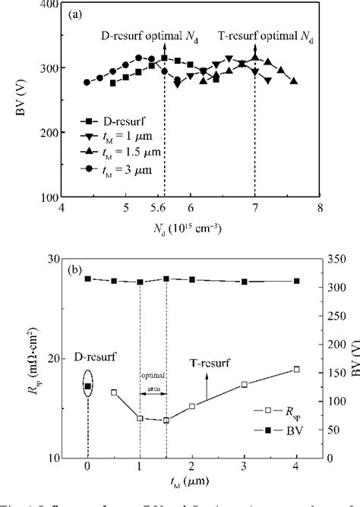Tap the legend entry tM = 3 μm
(x=122, y=168)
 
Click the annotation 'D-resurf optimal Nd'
(x=144, y=35)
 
